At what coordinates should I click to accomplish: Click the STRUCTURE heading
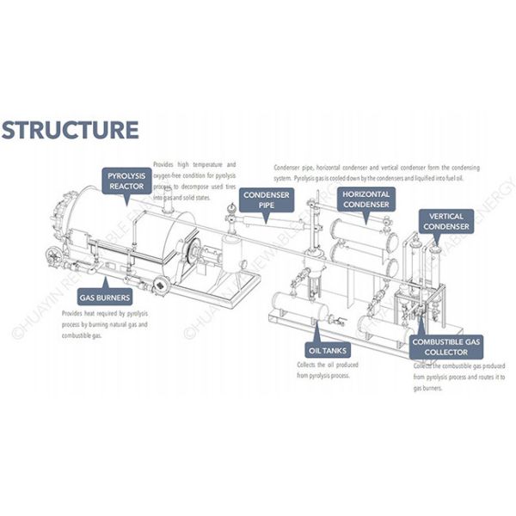pyautogui.click(x=70, y=130)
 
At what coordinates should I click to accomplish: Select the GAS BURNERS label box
pyautogui.click(x=104, y=298)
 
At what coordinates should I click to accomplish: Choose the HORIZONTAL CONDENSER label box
pyautogui.click(x=366, y=200)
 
